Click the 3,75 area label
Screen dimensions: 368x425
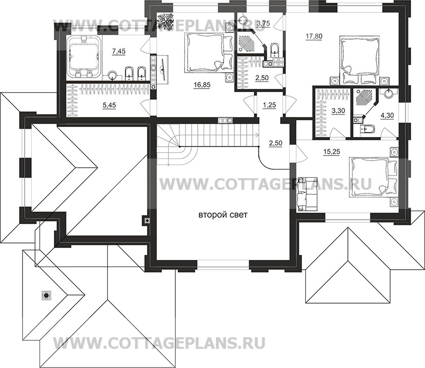(263, 23)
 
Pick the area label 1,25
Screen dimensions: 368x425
(269, 106)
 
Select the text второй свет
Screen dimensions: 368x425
(223, 216)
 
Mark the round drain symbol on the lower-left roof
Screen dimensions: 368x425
(46, 295)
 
